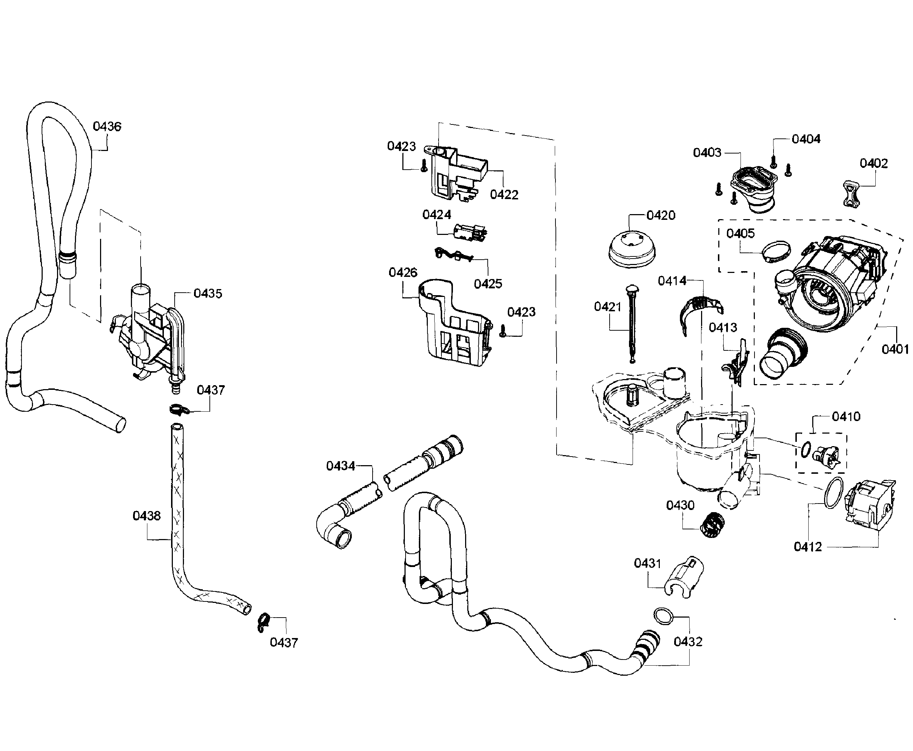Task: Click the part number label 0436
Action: click(x=107, y=126)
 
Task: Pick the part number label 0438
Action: click(x=146, y=516)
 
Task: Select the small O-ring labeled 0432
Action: click(x=663, y=615)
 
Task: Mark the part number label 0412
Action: click(x=808, y=547)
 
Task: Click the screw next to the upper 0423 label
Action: click(x=424, y=166)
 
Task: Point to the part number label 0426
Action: click(x=403, y=272)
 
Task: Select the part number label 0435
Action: click(x=208, y=293)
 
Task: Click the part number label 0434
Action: click(x=340, y=466)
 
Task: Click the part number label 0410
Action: click(x=846, y=417)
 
